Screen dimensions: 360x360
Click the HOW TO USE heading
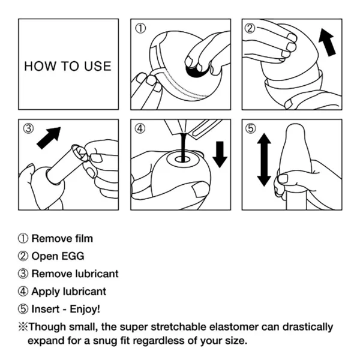[68, 66]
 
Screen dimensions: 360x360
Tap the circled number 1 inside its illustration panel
[140, 28]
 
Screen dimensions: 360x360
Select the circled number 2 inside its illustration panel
[250, 28]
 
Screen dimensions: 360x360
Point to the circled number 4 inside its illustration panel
[140, 128]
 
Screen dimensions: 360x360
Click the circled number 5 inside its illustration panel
[250, 128]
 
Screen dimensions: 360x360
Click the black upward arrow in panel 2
[328, 42]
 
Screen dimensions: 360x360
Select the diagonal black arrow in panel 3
[49, 138]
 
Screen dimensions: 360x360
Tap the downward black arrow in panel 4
[220, 155]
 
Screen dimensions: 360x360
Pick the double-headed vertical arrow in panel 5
[264, 160]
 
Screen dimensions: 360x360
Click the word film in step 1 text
[84, 238]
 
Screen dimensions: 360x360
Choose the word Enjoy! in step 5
[85, 309]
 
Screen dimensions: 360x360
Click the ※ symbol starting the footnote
[23, 327]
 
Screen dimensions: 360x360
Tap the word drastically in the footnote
[308, 327]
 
